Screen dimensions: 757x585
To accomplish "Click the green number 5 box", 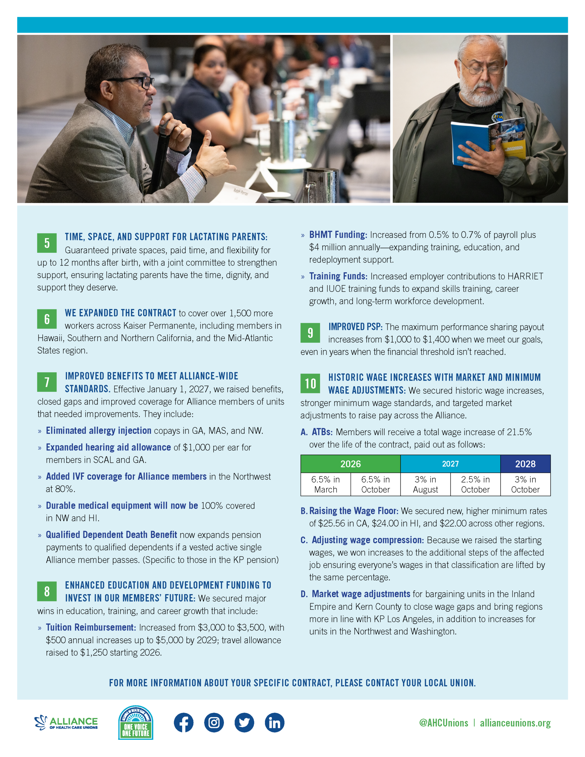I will [x=47, y=243].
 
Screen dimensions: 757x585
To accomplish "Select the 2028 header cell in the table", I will [x=525, y=464].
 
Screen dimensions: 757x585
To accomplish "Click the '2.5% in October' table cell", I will [x=475, y=484].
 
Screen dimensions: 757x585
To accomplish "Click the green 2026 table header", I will [x=350, y=464].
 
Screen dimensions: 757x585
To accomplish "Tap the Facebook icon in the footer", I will [x=183, y=723].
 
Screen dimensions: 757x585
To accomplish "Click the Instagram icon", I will [x=214, y=723].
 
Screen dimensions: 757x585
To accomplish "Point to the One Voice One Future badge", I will [x=135, y=723].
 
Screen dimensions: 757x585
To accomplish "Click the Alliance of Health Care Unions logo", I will [x=66, y=723].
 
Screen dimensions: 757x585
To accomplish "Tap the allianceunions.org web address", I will [x=515, y=723].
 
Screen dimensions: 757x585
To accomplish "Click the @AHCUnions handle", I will [x=444, y=723].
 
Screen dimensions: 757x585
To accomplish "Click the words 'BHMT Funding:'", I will [x=338, y=235].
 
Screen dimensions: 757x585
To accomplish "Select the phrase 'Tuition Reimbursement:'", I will [x=91, y=627].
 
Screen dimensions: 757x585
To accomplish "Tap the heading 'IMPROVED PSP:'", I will [x=355, y=327].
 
